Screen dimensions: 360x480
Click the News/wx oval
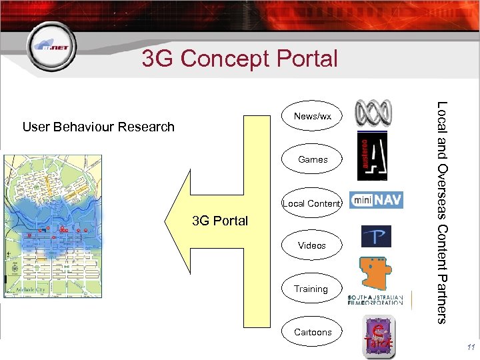click(313, 117)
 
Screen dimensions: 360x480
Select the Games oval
click(313, 160)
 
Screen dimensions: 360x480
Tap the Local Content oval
click(312, 203)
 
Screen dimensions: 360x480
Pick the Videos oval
click(312, 245)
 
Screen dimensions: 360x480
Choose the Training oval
click(311, 289)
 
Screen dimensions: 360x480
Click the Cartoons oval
click(313, 332)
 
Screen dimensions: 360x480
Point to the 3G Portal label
click(219, 221)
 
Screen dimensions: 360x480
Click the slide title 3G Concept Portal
click(239, 59)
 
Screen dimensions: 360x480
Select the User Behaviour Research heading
click(98, 127)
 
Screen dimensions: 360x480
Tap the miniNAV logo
click(376, 200)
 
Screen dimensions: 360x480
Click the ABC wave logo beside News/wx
click(374, 111)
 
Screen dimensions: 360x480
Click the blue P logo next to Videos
click(376, 237)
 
